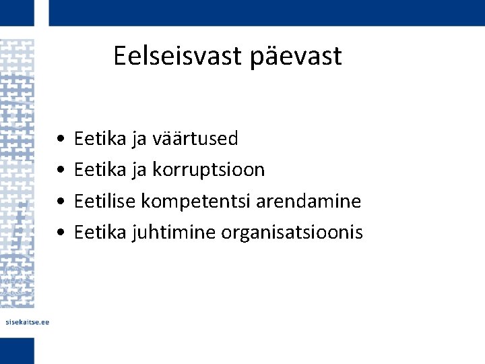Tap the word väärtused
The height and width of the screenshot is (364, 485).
195,139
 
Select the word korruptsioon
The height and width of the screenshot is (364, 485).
208,171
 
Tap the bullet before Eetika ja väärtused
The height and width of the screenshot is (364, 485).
61,140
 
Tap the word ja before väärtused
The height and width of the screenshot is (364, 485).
139,140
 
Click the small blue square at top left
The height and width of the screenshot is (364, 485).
17,12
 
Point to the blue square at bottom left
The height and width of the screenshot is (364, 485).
17,351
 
